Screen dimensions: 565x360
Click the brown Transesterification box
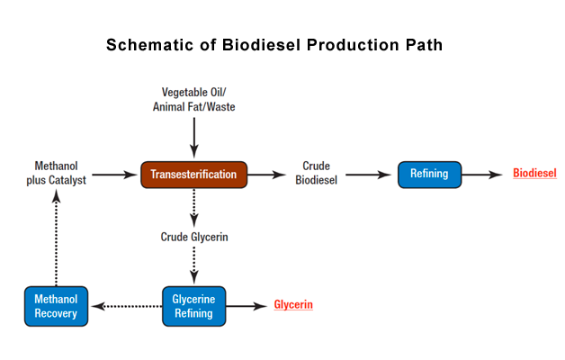[193, 175]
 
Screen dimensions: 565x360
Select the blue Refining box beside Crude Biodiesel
[429, 175]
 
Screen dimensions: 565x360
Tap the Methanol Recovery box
[56, 306]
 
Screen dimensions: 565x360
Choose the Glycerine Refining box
[193, 306]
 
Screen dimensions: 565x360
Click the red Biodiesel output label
[534, 174]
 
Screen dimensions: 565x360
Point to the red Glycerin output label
[293, 305]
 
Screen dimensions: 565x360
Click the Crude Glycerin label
[194, 237]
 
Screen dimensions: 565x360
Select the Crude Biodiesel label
[317, 173]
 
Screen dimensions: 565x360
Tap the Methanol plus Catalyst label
[56, 173]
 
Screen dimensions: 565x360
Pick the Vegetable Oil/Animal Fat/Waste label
[193, 100]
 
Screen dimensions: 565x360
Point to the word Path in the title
[424, 45]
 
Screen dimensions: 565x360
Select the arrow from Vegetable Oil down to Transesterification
[194, 138]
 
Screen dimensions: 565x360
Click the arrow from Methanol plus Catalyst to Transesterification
[114, 175]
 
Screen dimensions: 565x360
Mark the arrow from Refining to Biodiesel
[481, 175]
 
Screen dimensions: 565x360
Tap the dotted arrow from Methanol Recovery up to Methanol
[56, 238]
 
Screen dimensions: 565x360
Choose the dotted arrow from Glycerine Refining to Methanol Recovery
[127, 306]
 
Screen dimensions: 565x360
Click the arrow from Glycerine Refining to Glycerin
[247, 306]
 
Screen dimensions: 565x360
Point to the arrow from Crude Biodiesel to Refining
[368, 175]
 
